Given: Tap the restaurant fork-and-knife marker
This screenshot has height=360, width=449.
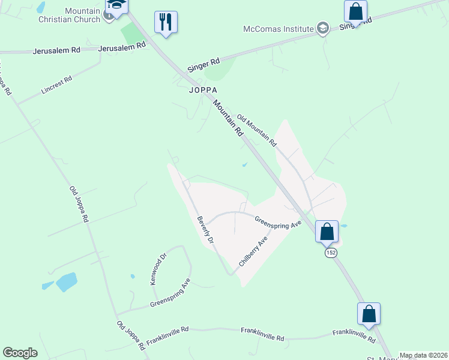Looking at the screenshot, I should tap(166, 23).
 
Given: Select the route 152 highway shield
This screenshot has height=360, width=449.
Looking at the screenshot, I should tap(331, 253).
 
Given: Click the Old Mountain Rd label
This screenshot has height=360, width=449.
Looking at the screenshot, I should tap(256, 131).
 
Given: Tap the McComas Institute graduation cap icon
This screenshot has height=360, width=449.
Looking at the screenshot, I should tap(323, 28).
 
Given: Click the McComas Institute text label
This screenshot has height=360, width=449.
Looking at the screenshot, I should tap(279, 29).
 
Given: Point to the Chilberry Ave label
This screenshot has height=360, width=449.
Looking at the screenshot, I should tap(253, 252).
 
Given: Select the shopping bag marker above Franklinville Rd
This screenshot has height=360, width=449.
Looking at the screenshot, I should tap(369, 314).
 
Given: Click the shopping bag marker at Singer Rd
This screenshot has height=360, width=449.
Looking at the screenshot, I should tap(356, 11).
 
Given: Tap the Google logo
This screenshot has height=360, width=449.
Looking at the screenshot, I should tap(20, 353).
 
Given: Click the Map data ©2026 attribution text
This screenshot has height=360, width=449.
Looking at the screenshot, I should tap(423, 355).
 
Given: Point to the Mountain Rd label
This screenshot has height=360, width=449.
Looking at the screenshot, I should tap(228, 118).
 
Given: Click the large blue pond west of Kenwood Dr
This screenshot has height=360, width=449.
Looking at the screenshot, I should tap(66, 281).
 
